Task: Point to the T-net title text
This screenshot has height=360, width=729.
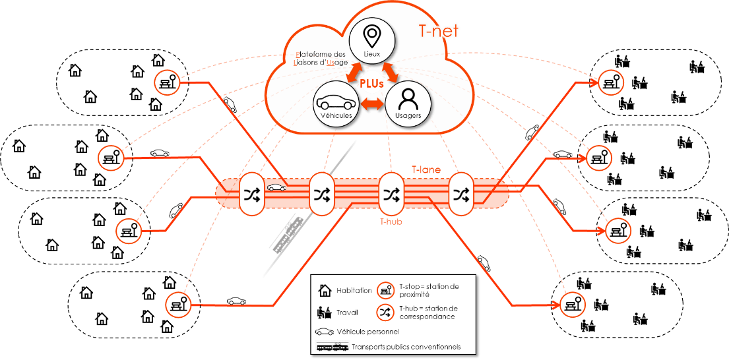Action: pos(439,31)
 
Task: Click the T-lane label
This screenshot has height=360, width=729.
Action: pos(426,170)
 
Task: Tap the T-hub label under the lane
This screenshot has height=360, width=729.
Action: pos(391,222)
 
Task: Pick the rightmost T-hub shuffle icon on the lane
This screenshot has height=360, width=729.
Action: pos(461,194)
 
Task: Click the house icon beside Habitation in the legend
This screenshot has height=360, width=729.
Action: pos(325,290)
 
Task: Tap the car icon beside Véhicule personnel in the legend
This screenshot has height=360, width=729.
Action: pos(325,332)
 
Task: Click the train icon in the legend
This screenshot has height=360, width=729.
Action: pos(333,347)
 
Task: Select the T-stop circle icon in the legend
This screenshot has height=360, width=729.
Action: pos(386,290)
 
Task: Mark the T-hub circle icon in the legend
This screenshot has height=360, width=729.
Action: pos(386,313)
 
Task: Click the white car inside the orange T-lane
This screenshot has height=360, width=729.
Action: pos(277,187)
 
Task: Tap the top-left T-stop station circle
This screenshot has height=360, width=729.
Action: pos(167,82)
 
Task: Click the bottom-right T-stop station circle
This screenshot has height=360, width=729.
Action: pos(571,304)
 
